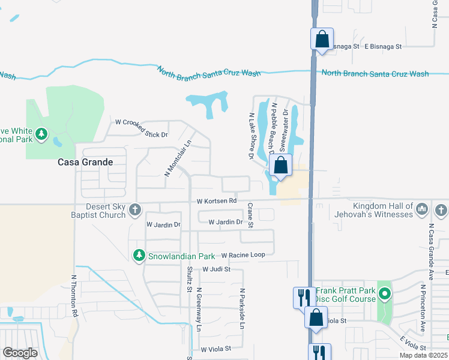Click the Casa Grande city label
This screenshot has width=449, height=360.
85,162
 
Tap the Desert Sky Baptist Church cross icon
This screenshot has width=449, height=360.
136,209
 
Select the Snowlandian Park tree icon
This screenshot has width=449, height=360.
139,256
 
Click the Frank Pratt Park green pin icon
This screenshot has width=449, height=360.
385,294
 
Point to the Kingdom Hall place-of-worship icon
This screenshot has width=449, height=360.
422,209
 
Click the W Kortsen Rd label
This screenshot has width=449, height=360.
217,200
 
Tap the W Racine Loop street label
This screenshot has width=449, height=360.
243,255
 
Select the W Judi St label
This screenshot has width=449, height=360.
216,269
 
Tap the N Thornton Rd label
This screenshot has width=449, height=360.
74,296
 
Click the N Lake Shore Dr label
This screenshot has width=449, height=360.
251,136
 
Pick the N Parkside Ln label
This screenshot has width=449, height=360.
243,309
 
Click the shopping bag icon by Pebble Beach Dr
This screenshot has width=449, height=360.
280,164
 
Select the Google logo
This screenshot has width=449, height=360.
20,352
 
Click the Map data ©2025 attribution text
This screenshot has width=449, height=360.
424,355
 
